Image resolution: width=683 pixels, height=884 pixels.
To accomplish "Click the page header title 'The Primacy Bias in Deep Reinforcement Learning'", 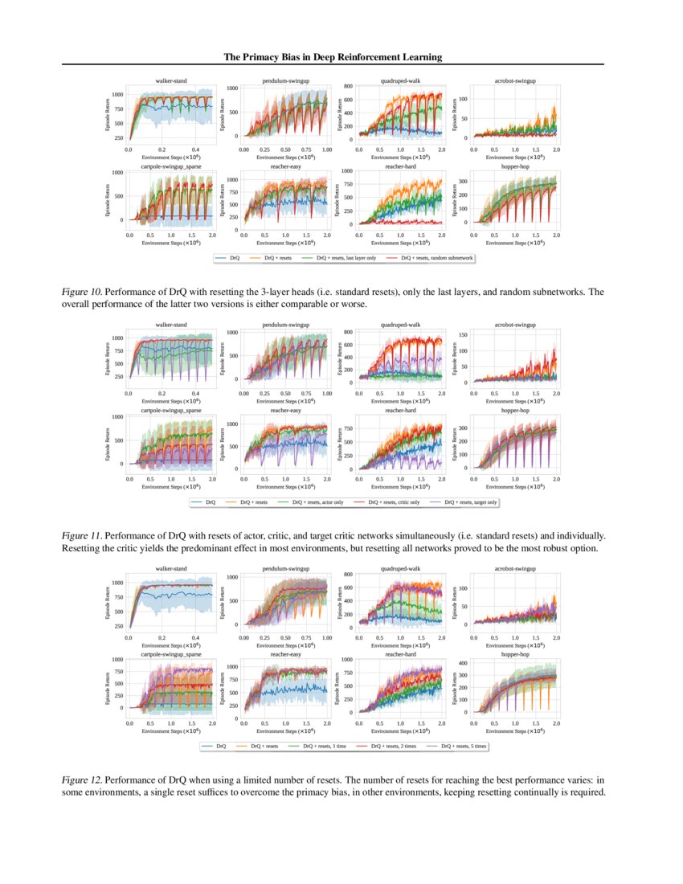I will pyautogui.click(x=332, y=57).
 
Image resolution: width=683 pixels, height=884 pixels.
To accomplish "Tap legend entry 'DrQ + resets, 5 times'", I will pyautogui.click(x=460, y=747).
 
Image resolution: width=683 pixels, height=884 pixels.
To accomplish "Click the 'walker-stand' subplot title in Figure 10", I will pyautogui.click(x=171, y=81).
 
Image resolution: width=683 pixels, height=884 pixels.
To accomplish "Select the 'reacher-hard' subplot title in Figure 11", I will pyautogui.click(x=400, y=411).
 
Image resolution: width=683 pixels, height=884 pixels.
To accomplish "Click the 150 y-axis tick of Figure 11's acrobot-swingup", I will pyautogui.click(x=462, y=334).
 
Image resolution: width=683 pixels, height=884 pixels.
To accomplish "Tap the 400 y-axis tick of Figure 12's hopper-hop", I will pyautogui.click(x=462, y=663).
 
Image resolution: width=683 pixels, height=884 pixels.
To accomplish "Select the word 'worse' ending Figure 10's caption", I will pyautogui.click(x=355, y=305).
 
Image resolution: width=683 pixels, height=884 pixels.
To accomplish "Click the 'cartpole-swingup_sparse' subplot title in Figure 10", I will pyautogui.click(x=171, y=166).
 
